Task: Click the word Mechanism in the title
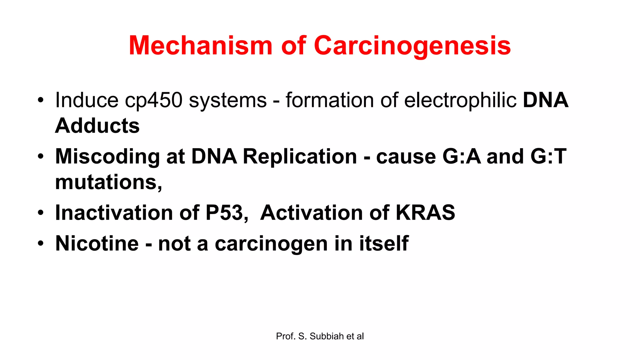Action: pyautogui.click(x=200, y=46)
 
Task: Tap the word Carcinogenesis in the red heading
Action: pyautogui.click(x=412, y=46)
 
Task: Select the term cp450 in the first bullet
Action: pyautogui.click(x=153, y=100)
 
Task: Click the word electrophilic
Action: pyautogui.click(x=460, y=100)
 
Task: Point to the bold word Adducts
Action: pyautogui.click(x=97, y=126)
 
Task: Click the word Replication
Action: pyautogui.click(x=300, y=156)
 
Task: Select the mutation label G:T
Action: pyautogui.click(x=548, y=156)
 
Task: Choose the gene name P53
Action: pyautogui.click(x=226, y=212)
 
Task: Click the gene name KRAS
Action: pyautogui.click(x=425, y=212)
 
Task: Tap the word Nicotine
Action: pyautogui.click(x=97, y=243)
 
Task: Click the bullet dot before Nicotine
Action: pyautogui.click(x=41, y=243)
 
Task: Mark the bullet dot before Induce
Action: pyautogui.click(x=41, y=101)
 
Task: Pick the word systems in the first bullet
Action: pyautogui.click(x=228, y=101)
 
